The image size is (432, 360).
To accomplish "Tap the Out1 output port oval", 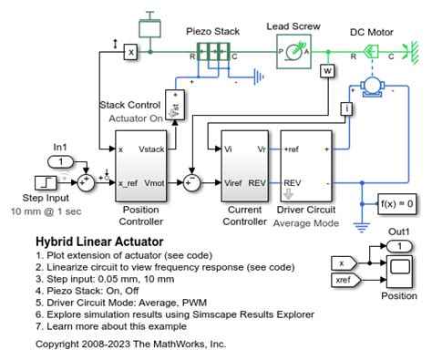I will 398,244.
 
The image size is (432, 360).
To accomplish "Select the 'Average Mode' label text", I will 306,222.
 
